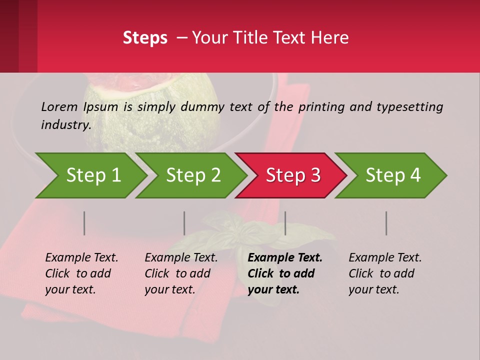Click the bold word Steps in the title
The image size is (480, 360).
click(x=145, y=38)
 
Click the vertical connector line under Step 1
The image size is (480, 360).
click(x=84, y=223)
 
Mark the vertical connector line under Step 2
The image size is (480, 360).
click(x=184, y=223)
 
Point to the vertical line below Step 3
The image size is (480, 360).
click(x=285, y=223)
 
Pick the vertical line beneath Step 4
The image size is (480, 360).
click(x=386, y=223)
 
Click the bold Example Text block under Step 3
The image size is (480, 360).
click(x=285, y=273)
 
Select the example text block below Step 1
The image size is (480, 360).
click(x=81, y=273)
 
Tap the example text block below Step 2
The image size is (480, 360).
click(x=181, y=273)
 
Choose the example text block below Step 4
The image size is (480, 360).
click(x=385, y=273)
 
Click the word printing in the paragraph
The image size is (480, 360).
click(x=316, y=106)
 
